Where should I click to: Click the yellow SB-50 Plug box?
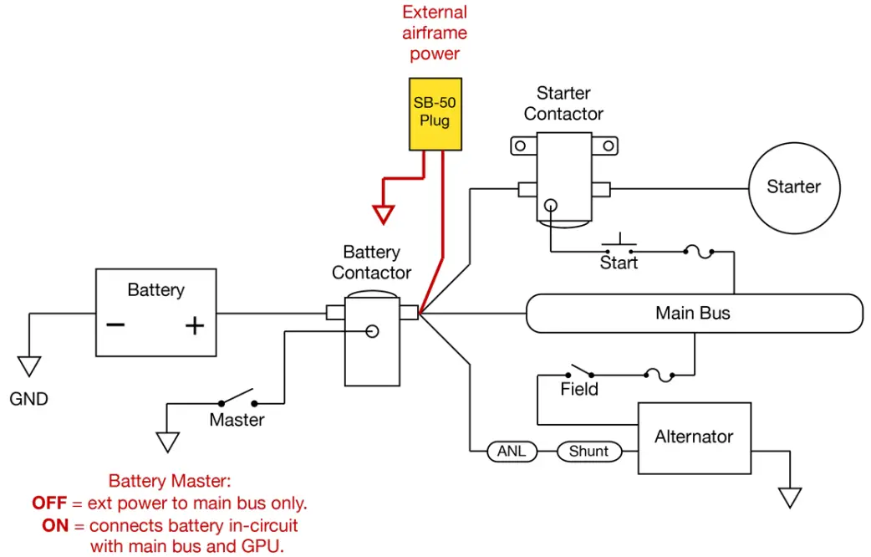pos(435,113)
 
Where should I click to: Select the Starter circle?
pos(793,187)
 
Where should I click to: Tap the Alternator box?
pos(693,437)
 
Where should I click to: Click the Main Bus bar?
pos(693,314)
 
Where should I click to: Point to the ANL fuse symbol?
pos(512,452)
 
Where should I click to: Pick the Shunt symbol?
pos(588,452)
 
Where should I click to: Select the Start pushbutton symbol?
pos(619,243)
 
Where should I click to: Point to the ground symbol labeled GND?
pos(29,366)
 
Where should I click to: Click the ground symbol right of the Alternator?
pos(789,498)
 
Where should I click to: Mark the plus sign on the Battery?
pos(194,326)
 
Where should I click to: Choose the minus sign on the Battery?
pos(115,325)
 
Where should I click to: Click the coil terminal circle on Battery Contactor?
pos(373,331)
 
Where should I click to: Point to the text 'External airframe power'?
pos(435,33)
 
